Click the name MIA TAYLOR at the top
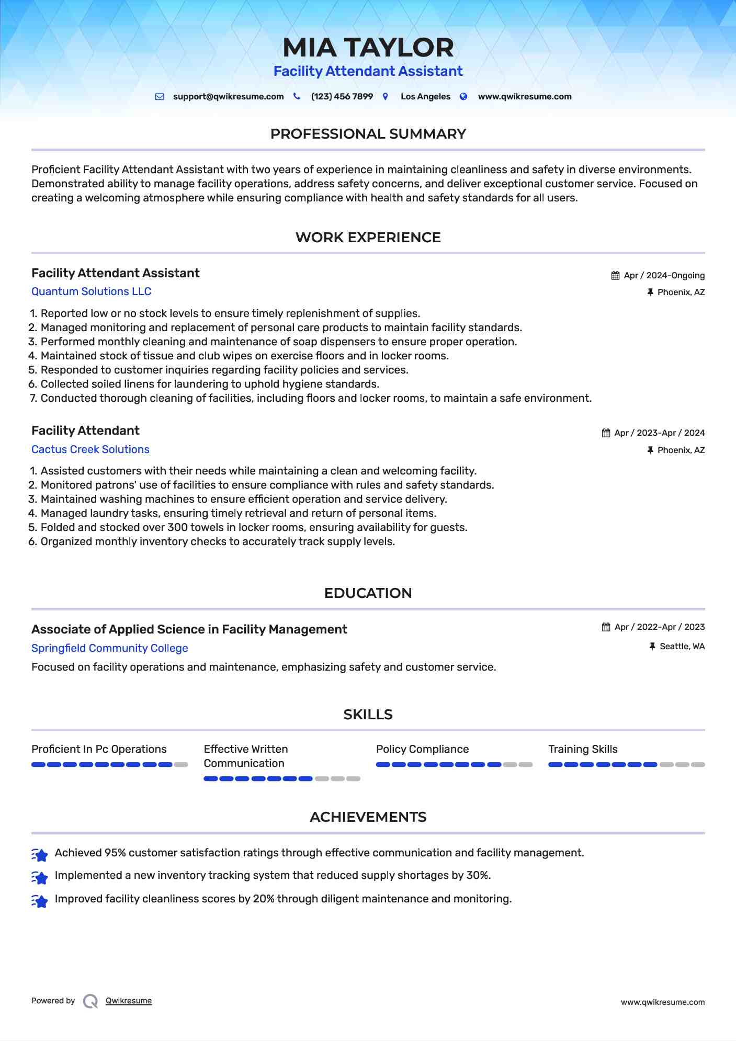click(x=368, y=48)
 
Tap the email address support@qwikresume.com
click(x=228, y=97)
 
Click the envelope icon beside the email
click(x=160, y=97)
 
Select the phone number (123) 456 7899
click(x=342, y=97)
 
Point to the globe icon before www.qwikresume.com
click(x=463, y=97)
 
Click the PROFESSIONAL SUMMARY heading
click(x=368, y=134)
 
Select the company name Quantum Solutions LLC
click(x=91, y=291)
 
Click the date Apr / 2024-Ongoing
click(x=664, y=276)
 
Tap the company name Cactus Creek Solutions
click(x=90, y=449)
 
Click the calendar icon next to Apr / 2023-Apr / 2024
click(x=606, y=433)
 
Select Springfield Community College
click(x=109, y=648)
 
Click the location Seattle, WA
click(x=682, y=647)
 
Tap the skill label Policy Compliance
click(x=422, y=749)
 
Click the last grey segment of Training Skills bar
click(x=698, y=765)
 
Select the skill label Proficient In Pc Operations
click(x=99, y=749)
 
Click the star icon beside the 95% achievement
click(x=40, y=855)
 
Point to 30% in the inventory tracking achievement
click(x=478, y=875)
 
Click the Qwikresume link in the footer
click(x=129, y=1001)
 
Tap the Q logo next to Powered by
click(x=90, y=1001)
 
